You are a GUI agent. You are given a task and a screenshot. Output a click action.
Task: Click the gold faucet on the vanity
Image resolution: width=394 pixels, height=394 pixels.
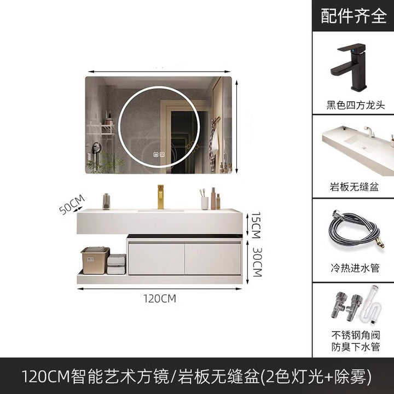tap(160, 197)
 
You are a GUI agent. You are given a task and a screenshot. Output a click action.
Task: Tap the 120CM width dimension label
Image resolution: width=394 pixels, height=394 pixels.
tap(160, 299)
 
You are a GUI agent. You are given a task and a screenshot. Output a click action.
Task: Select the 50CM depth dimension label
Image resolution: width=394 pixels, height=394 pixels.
tap(72, 205)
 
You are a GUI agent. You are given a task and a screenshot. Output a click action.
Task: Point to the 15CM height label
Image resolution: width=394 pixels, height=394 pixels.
tap(256, 225)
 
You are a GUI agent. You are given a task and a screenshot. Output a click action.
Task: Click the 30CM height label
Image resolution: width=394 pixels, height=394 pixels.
tap(257, 262)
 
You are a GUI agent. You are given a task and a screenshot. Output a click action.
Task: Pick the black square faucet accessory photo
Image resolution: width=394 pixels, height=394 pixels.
tap(348, 67)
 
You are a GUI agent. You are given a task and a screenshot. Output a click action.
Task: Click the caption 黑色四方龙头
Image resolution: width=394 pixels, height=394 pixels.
tap(356, 105)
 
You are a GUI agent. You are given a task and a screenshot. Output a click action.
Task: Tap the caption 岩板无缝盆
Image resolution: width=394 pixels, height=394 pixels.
tap(354, 187)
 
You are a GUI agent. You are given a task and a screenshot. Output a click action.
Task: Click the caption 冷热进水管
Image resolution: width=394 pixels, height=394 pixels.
tap(355, 268)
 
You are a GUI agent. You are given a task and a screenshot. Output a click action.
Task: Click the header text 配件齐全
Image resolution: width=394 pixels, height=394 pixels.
tap(354, 16)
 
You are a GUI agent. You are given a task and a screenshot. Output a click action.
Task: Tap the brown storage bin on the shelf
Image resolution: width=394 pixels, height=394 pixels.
tap(95, 260)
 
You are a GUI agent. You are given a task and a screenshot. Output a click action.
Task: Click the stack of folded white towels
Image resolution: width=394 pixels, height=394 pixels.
tap(116, 264)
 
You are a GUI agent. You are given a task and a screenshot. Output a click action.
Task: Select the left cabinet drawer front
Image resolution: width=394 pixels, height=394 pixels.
tap(157, 259)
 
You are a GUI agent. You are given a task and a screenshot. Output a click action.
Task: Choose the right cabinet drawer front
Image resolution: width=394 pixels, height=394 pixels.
tap(213, 259)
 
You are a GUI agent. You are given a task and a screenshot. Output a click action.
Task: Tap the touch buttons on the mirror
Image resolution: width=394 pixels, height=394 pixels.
tap(159, 154)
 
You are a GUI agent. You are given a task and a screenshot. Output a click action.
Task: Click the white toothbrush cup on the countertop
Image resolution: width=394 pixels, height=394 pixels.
tap(205, 203)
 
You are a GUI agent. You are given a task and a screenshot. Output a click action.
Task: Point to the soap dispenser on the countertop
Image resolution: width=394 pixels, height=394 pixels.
tap(106, 201)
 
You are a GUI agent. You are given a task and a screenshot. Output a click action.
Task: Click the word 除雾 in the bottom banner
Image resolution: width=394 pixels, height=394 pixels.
tap(351, 376)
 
